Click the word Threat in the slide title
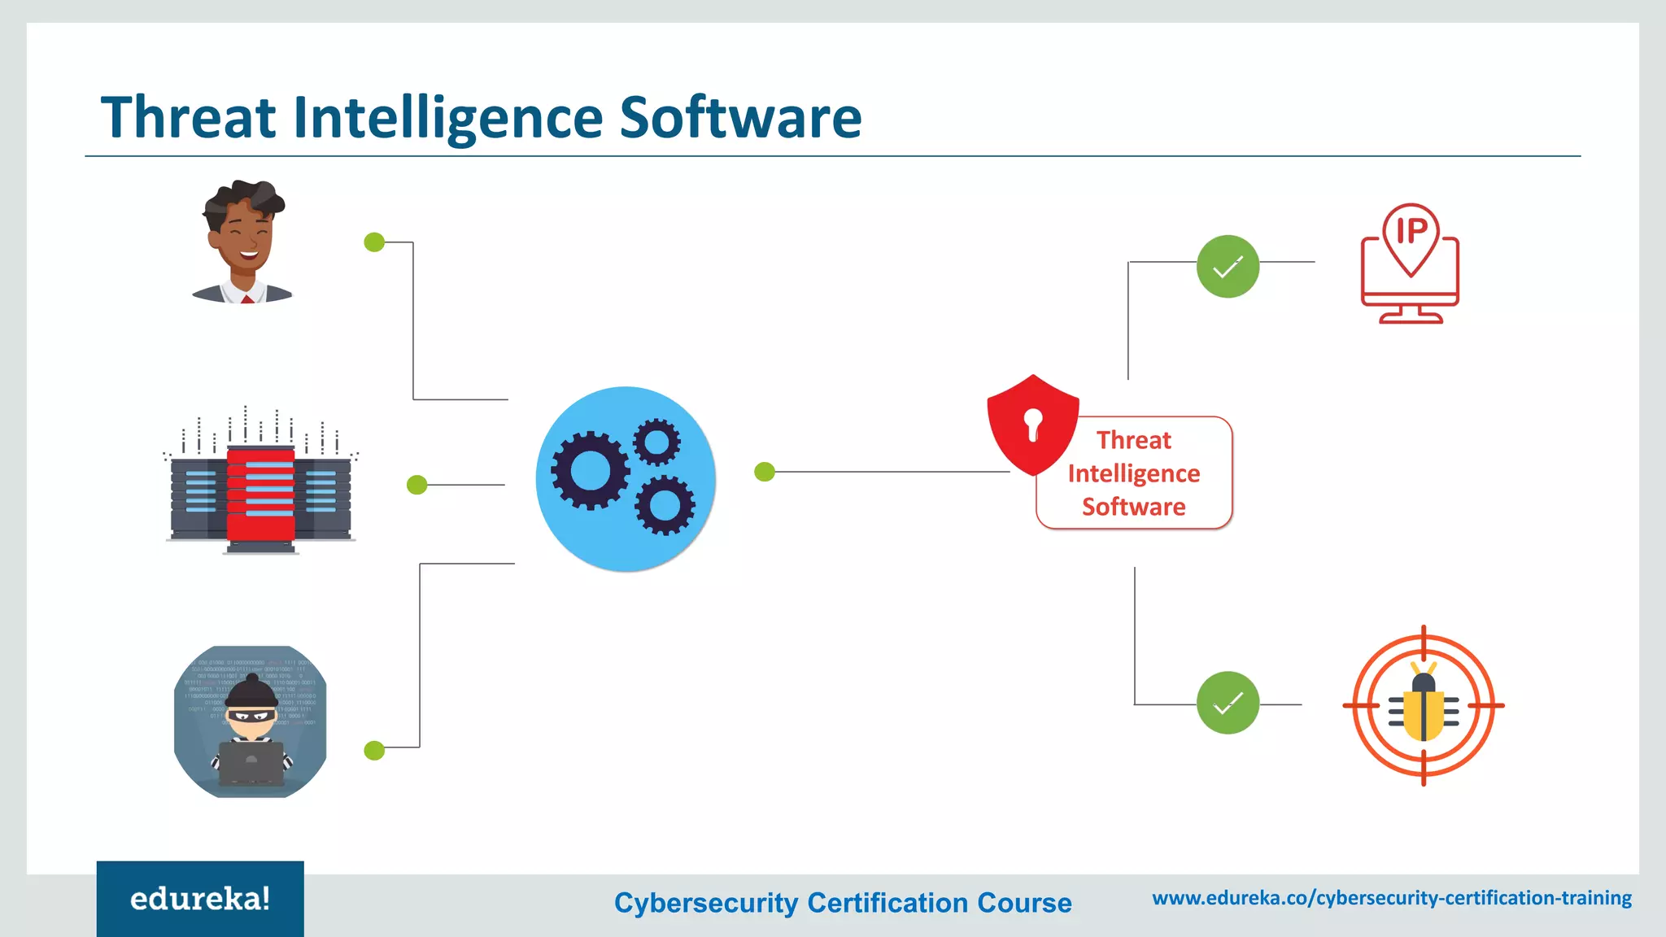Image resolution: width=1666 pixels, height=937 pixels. [x=189, y=118]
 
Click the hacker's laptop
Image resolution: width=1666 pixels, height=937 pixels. [x=251, y=761]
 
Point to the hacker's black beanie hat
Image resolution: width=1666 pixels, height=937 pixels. [x=251, y=691]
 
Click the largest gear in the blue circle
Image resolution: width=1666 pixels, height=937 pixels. [x=590, y=470]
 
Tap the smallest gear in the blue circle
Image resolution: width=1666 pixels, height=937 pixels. [x=656, y=442]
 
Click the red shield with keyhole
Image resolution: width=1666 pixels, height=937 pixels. [x=1032, y=424]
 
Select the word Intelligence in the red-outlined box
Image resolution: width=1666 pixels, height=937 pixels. [x=1134, y=473]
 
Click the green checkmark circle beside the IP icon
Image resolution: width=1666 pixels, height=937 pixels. [x=1228, y=267]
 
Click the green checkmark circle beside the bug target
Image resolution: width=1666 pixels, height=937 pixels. [x=1228, y=703]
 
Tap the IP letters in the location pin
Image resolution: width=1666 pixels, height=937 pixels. [x=1411, y=231]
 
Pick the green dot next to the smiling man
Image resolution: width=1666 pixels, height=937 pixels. [x=374, y=242]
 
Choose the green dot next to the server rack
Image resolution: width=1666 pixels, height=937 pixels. [x=416, y=485]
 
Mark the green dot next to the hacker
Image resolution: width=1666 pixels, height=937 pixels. [x=374, y=750]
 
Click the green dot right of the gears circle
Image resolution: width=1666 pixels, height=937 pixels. [x=765, y=472]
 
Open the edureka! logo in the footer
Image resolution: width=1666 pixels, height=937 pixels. [x=200, y=899]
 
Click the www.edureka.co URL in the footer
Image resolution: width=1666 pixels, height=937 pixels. [x=1392, y=898]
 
